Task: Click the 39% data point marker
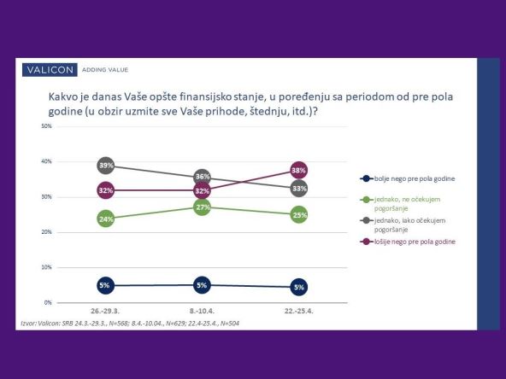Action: tap(106, 165)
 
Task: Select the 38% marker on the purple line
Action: tap(299, 169)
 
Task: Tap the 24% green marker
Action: tap(106, 219)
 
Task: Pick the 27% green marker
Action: tap(203, 207)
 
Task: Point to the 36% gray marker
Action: tap(203, 177)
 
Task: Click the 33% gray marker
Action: tap(299, 188)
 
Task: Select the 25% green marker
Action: tap(299, 214)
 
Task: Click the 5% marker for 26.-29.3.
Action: tap(106, 285)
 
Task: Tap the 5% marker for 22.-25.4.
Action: tap(299, 286)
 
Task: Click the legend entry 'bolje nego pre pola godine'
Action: tap(407, 178)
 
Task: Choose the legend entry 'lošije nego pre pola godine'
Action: tap(407, 242)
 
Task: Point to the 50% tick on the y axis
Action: tap(47, 126)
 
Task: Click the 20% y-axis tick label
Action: tap(47, 232)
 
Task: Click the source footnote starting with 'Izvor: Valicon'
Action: tap(133, 324)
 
